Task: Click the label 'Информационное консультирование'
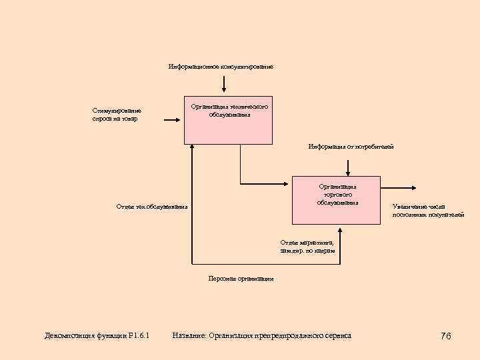pyautogui.click(x=221, y=67)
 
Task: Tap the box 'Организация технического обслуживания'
pyautogui.click(x=229, y=120)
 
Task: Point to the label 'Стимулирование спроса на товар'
pyautogui.click(x=117, y=115)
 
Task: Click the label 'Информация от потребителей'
pyautogui.click(x=351, y=146)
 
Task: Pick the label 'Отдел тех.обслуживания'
pyautogui.click(x=152, y=207)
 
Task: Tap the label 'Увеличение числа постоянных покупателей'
pyautogui.click(x=428, y=211)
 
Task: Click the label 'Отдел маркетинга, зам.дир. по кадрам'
pyautogui.click(x=307, y=247)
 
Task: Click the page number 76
pyautogui.click(x=446, y=336)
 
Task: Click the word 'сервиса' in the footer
pyautogui.click(x=335, y=335)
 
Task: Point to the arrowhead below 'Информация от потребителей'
pyautogui.click(x=348, y=173)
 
